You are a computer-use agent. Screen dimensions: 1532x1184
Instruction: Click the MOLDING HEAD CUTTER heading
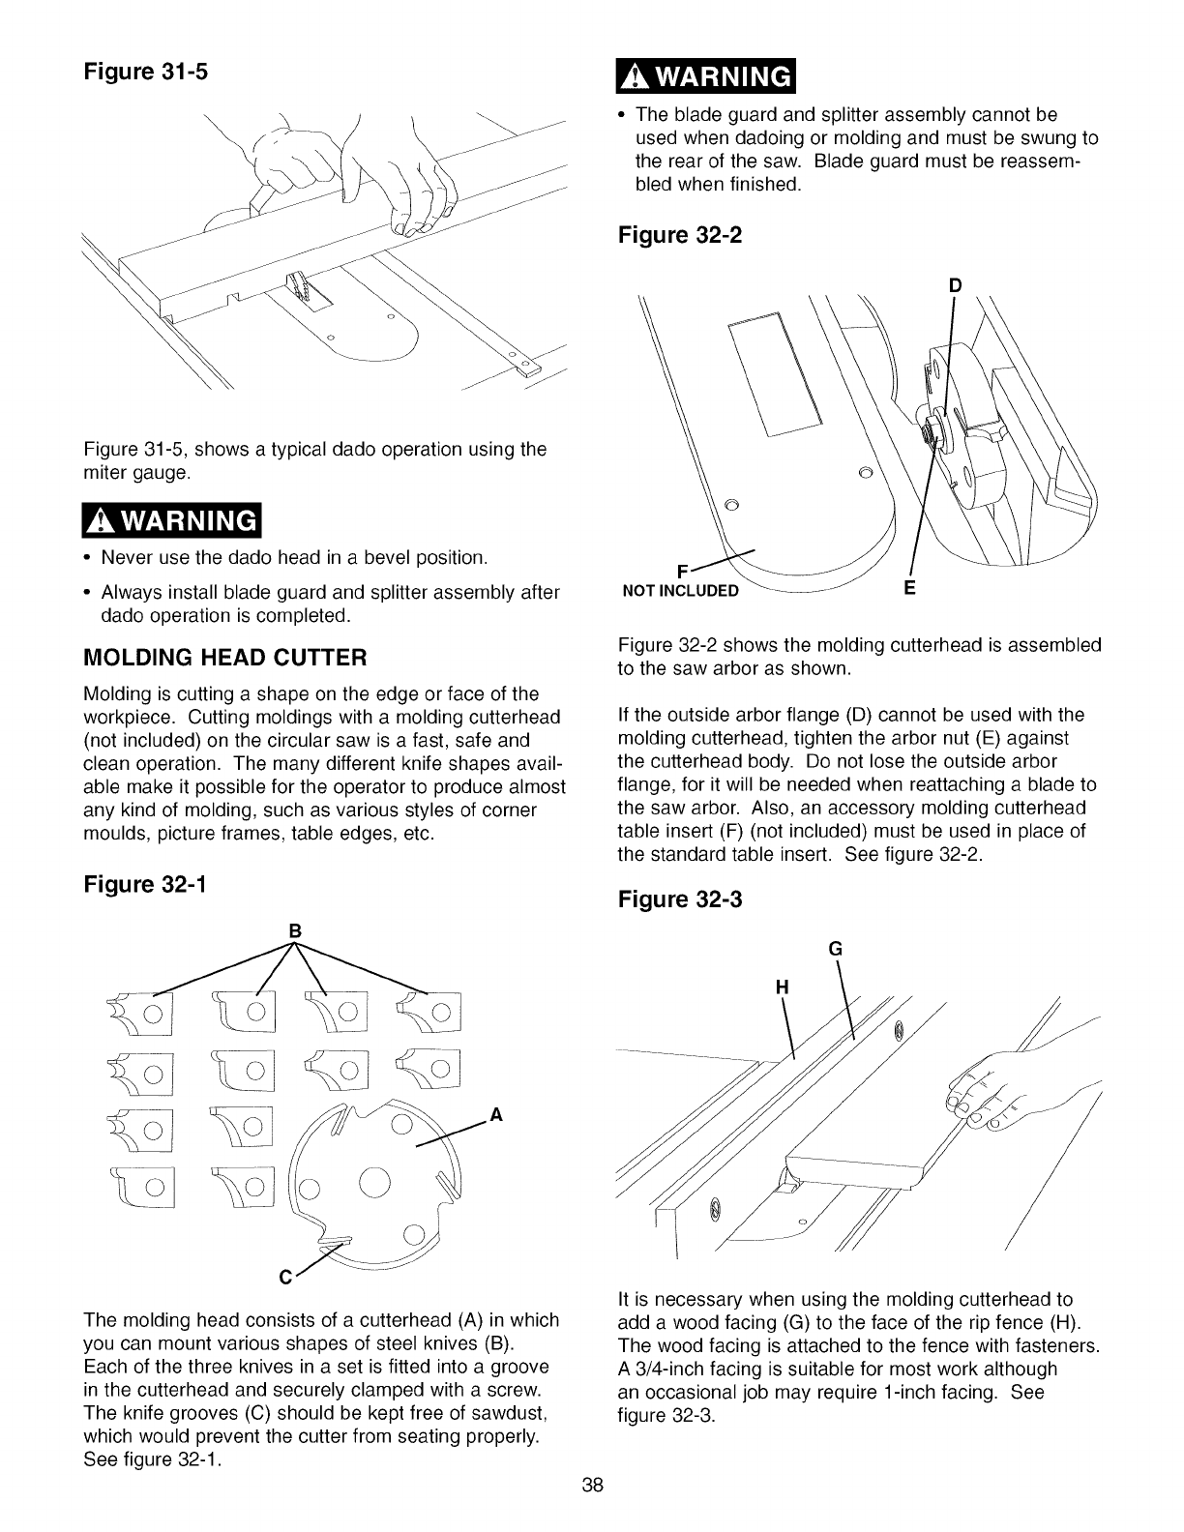pyautogui.click(x=225, y=659)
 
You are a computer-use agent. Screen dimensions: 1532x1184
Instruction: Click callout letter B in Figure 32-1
pyautogui.click(x=296, y=930)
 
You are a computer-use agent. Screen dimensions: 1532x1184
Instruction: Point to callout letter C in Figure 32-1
pyautogui.click(x=285, y=1277)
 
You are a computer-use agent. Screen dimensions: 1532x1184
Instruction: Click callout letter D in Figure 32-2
pyautogui.click(x=956, y=286)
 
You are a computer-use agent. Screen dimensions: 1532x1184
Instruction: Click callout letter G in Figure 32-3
pyautogui.click(x=838, y=950)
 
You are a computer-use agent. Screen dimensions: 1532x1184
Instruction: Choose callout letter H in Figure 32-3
pyautogui.click(x=783, y=987)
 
